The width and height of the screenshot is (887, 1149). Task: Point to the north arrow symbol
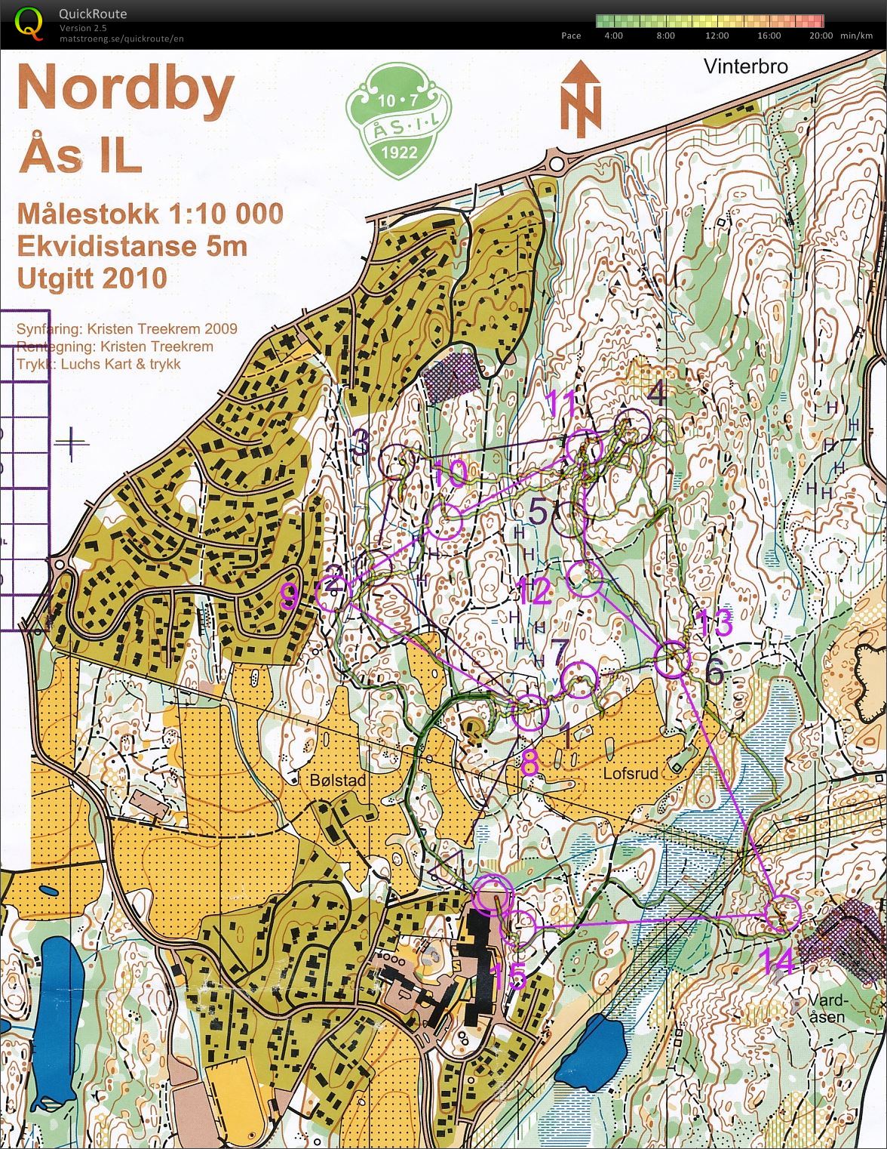[x=581, y=99]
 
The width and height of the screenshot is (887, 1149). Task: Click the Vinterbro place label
[x=745, y=66]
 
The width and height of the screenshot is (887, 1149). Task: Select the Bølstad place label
[x=338, y=780]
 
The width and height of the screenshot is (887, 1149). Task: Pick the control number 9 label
[x=289, y=597]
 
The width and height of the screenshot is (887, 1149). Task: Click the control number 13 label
[x=713, y=624]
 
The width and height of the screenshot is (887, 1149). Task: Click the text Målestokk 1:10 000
[x=150, y=214]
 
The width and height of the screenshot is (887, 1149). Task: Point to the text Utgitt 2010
[x=92, y=278]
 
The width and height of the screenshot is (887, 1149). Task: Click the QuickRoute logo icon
[x=29, y=22]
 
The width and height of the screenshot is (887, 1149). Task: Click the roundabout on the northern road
[x=558, y=162]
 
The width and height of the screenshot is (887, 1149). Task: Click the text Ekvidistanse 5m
[x=133, y=246]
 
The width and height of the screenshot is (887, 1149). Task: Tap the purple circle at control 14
[x=784, y=912]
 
